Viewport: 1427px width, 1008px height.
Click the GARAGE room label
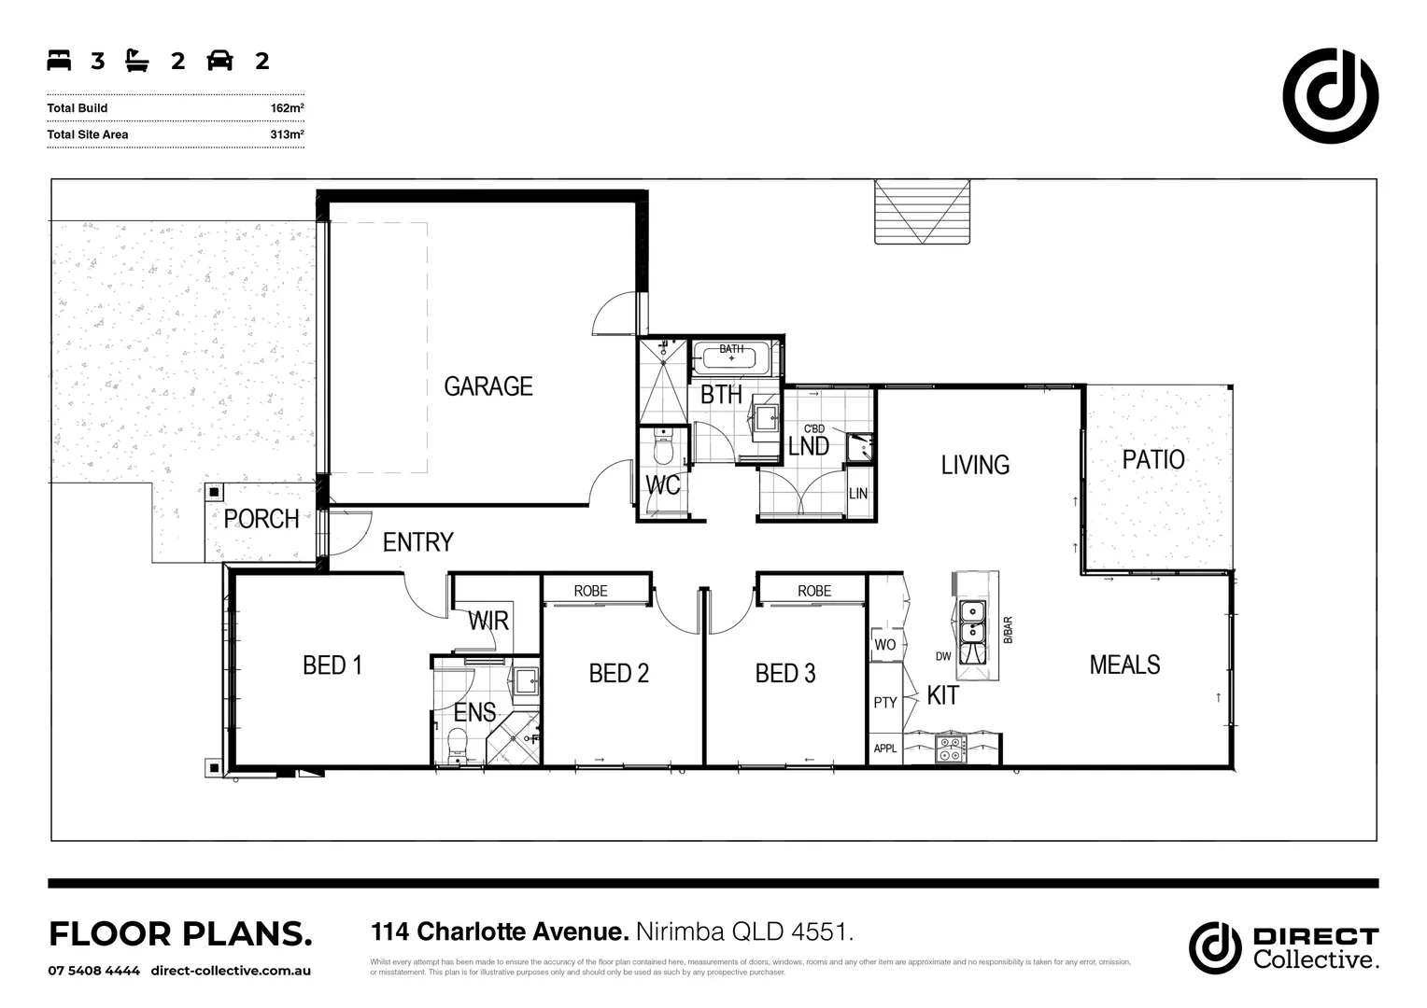(x=487, y=386)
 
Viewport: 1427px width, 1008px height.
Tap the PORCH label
(x=261, y=519)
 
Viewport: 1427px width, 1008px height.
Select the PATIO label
(x=1153, y=459)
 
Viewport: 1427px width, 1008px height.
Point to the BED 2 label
(x=618, y=673)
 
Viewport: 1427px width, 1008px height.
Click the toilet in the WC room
(x=664, y=449)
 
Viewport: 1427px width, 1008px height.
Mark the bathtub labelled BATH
(x=731, y=358)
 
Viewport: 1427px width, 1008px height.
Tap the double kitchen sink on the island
(x=972, y=622)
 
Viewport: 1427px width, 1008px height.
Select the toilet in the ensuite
(x=458, y=744)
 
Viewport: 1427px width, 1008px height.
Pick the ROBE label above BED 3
(x=814, y=591)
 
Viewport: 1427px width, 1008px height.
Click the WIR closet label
(x=487, y=621)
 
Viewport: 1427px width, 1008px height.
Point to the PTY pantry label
(x=885, y=702)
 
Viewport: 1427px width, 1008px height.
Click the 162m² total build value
(x=287, y=108)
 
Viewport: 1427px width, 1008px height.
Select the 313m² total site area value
(x=287, y=134)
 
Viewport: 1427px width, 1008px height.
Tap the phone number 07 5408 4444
(x=94, y=971)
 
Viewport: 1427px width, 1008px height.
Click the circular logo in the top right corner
(x=1330, y=95)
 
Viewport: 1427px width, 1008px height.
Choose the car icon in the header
(x=219, y=62)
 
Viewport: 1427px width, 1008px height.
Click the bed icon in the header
(x=60, y=62)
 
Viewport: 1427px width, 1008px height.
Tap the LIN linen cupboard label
(x=858, y=493)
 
